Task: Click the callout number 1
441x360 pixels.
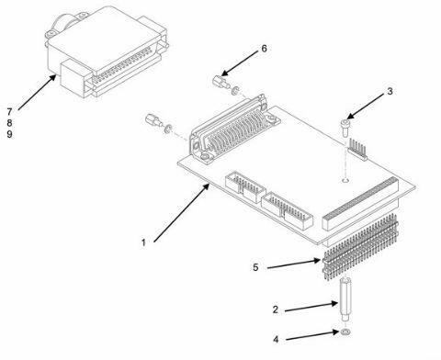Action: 143,243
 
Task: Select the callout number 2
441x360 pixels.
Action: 276,309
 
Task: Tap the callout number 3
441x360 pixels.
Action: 390,91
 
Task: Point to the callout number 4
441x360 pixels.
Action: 276,340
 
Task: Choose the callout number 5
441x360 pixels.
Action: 255,267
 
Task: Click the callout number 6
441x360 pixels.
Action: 264,49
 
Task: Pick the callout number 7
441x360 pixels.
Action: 9,111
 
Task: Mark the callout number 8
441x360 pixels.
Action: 9,123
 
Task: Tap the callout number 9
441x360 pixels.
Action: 9,134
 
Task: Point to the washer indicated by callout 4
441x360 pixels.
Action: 345,332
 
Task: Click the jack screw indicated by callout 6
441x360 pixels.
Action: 220,82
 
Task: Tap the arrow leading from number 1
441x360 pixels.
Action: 182,212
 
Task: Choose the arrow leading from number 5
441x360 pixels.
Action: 294,264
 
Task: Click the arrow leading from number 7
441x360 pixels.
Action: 37,92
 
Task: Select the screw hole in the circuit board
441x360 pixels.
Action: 345,181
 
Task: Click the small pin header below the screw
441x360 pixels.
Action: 357,149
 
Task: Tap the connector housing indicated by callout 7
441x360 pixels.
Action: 107,51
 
